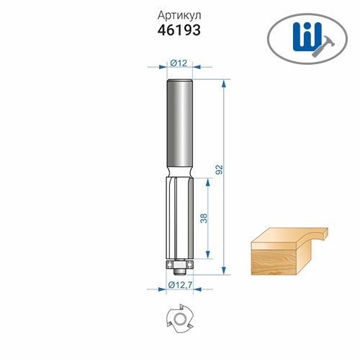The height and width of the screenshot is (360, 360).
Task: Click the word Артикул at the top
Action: pyautogui.click(x=179, y=16)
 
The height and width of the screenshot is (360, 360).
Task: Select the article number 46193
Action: pyautogui.click(x=179, y=30)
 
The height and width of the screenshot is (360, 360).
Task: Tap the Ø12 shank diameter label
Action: pyautogui.click(x=179, y=63)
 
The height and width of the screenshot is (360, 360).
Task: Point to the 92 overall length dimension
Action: pyautogui.click(x=220, y=169)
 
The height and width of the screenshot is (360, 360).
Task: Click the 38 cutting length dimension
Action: pyautogui.click(x=204, y=218)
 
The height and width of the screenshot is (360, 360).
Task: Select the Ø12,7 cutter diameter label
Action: pyautogui.click(x=180, y=285)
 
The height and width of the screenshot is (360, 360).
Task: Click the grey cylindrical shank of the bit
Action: pyautogui.click(x=180, y=124)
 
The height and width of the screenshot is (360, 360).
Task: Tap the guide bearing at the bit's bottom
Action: pyautogui.click(x=179, y=264)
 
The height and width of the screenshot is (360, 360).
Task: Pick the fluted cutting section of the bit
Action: pyautogui.click(x=179, y=218)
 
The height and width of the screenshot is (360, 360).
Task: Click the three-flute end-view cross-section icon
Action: pyautogui.click(x=179, y=319)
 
